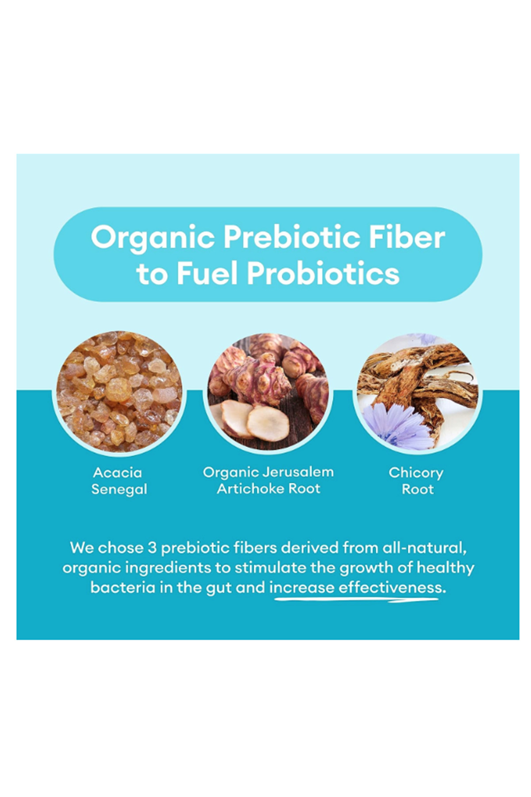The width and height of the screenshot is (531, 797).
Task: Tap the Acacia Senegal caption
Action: coord(119,481)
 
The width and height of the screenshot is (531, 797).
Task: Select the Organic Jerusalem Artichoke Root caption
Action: coord(268,480)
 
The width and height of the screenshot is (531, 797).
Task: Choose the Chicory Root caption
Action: coord(416,481)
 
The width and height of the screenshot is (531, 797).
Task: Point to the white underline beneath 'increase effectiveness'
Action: coord(356,600)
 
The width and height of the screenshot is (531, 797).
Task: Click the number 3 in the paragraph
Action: coord(152,548)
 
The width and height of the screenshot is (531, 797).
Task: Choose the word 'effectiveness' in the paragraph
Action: coord(392,587)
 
